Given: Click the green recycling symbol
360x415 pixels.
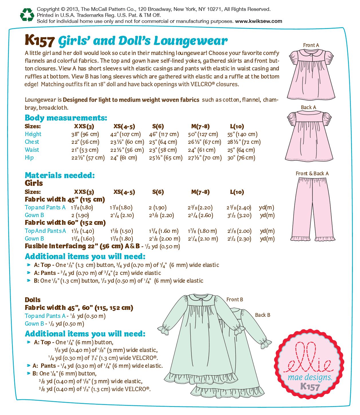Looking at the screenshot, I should pos(27,15).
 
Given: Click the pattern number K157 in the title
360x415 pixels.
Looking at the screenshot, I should pos(39,41).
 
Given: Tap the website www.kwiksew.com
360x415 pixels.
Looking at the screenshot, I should pos(258,21).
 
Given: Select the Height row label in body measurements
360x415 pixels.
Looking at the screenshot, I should pos(33,134).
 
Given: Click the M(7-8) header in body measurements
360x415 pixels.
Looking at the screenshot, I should pos(200,126).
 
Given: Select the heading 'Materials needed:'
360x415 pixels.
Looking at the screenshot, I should pos(60,175).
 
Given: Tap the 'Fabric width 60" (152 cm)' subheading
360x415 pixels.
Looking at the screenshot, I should pos(65,223).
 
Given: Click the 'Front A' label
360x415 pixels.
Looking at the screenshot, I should pos(311,45).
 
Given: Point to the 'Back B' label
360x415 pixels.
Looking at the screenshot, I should pos(262,315).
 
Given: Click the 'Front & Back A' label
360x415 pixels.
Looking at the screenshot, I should pos(312,174).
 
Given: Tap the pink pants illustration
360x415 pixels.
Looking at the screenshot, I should pos(313,209).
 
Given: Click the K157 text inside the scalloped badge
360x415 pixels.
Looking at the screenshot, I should pos(310,387).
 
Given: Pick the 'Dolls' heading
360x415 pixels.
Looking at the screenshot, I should pos(33,300).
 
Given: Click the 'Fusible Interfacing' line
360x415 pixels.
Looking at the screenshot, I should pos(102,246).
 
